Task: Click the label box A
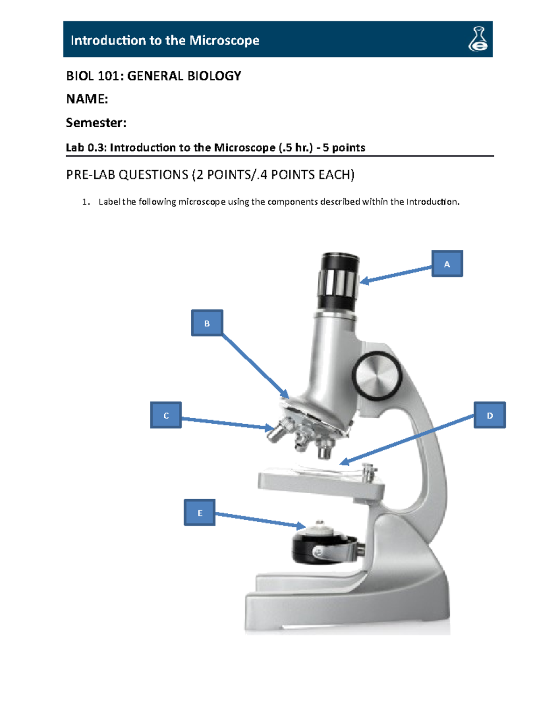(x=447, y=264)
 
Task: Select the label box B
(x=207, y=323)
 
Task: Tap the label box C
(x=166, y=415)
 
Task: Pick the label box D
(x=490, y=415)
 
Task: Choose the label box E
(x=200, y=512)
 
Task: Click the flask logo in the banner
(x=478, y=39)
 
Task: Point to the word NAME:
(x=87, y=99)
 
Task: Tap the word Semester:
(x=96, y=123)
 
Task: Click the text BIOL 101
(x=93, y=76)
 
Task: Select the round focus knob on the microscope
(x=377, y=376)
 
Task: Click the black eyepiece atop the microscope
(x=339, y=280)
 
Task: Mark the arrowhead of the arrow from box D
(x=343, y=462)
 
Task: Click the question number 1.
(x=84, y=202)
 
